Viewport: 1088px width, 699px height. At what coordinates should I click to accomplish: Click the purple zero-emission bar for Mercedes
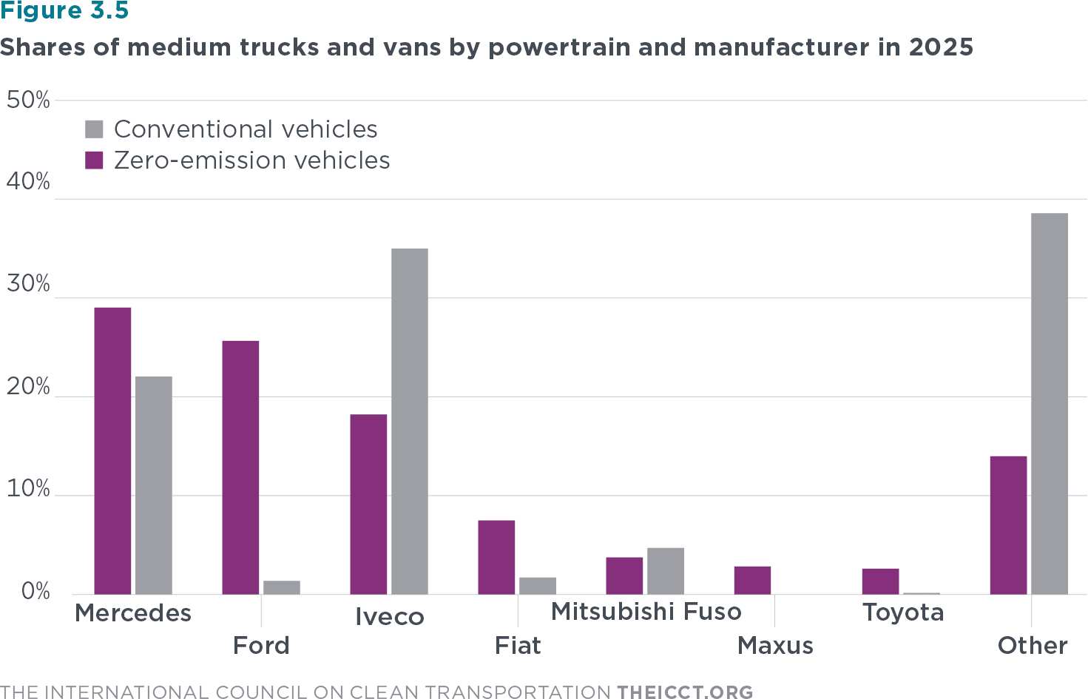112,450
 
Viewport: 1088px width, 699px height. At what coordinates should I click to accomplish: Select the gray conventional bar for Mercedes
154,485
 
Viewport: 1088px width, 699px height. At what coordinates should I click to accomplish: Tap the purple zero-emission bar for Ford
240,467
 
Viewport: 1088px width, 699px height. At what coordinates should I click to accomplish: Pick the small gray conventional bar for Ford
282,587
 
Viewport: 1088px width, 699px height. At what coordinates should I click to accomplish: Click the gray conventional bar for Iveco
410,421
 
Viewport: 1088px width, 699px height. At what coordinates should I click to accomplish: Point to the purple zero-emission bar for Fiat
496,557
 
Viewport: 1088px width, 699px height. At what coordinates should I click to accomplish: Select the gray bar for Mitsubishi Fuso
666,571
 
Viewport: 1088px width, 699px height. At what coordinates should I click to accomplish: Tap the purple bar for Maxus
752,581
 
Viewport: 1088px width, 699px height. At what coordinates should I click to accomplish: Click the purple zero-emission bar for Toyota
880,581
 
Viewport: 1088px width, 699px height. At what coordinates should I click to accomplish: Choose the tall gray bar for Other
1050,404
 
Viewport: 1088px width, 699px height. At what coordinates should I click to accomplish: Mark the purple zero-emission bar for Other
1008,525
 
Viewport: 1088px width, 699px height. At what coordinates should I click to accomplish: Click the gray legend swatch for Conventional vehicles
94,129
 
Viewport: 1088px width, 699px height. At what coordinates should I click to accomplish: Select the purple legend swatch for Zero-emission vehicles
94,161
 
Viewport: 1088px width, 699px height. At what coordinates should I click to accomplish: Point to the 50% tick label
28,100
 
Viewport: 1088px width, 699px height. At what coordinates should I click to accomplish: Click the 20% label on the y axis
28,387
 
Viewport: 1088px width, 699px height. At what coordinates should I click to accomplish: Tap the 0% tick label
35,592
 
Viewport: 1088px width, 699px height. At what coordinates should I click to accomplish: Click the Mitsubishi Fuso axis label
646,612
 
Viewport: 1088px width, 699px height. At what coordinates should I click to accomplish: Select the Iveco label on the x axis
389,617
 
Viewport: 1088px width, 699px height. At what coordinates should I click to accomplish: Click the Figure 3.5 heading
64,11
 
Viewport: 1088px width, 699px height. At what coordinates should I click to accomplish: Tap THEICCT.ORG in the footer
685,692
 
